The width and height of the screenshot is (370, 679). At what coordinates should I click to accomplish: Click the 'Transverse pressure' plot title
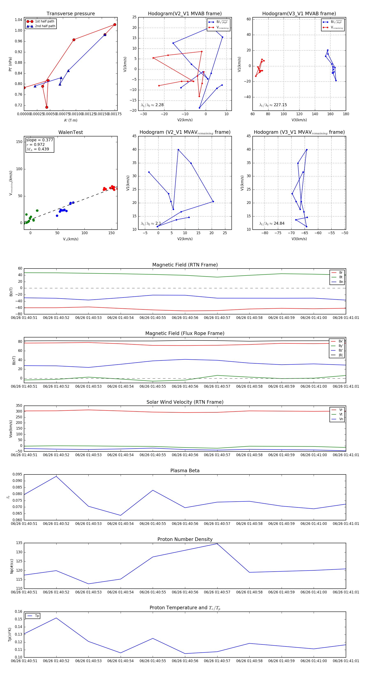(x=71, y=14)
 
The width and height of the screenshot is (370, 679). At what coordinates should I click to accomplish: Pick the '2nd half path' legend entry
(x=45, y=26)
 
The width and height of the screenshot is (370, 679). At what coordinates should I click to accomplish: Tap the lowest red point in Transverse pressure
(x=47, y=107)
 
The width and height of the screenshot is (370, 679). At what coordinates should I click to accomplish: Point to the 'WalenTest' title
(x=71, y=132)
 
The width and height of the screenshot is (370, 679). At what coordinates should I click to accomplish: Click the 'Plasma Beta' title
(x=185, y=471)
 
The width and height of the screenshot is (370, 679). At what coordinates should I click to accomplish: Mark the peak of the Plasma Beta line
(x=56, y=476)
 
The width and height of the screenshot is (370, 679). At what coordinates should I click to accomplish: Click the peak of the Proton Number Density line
(x=217, y=544)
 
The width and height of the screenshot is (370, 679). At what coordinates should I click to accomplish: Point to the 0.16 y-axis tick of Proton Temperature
(x=18, y=612)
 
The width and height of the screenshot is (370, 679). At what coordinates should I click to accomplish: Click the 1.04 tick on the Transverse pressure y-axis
(x=18, y=20)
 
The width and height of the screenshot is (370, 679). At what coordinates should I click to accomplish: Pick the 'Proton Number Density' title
(x=185, y=539)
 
